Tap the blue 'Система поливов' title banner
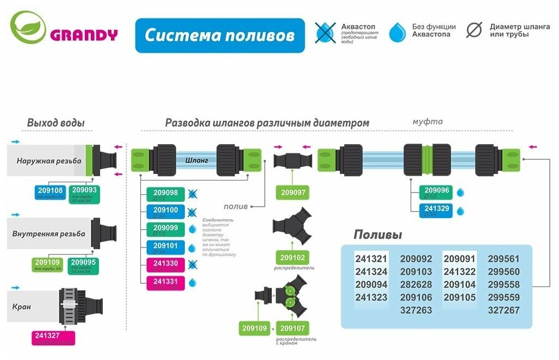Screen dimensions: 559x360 pyautogui.click(x=220, y=35)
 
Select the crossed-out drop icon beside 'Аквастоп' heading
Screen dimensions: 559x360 pyautogui.click(x=325, y=33)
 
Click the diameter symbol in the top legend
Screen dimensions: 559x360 pyautogui.click(x=474, y=29)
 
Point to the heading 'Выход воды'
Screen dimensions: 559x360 pyautogui.click(x=55, y=123)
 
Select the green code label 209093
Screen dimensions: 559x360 pyautogui.click(x=84, y=192)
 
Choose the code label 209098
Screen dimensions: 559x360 pyautogui.click(x=165, y=195)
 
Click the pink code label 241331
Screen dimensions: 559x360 pyautogui.click(x=165, y=283)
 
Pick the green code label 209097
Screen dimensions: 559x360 pyautogui.click(x=293, y=192)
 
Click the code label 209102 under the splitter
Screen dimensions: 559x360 pyautogui.click(x=293, y=257)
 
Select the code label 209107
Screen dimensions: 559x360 pyautogui.click(x=293, y=328)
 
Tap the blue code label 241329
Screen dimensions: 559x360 pyautogui.click(x=436, y=210)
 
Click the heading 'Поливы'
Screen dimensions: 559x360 pyautogui.click(x=377, y=235)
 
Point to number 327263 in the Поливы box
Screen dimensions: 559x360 pyautogui.click(x=415, y=311)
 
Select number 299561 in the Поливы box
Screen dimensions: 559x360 pyautogui.click(x=503, y=259)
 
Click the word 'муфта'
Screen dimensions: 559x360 pyautogui.click(x=427, y=122)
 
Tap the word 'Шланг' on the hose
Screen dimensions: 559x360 pyautogui.click(x=196, y=160)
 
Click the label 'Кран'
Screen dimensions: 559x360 pyautogui.click(x=22, y=307)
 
